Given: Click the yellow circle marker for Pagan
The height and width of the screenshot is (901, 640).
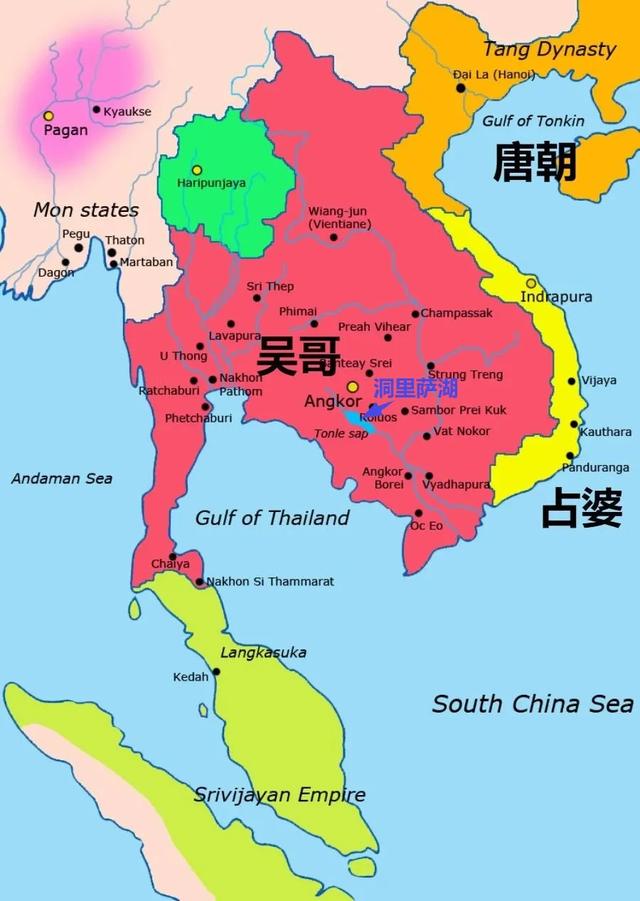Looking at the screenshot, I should tap(48, 116).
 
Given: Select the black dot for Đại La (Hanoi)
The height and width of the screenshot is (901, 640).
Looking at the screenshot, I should tap(461, 88).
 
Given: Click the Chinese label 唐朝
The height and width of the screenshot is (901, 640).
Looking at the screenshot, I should tap(535, 161).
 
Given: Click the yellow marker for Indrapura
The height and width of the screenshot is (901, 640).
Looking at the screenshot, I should tap(531, 283).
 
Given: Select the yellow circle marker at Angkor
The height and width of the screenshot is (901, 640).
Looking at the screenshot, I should tap(352, 386).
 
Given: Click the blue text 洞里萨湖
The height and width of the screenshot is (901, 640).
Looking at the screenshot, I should tap(415, 388).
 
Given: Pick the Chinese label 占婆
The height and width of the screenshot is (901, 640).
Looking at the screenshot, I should tap(582, 508).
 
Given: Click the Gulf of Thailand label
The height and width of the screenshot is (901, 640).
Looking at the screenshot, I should tap(272, 518).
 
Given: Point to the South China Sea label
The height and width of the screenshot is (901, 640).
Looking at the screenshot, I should tap(532, 704).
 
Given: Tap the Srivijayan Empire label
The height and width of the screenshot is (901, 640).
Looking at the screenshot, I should tap(279, 796).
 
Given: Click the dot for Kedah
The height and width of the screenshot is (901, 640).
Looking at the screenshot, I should tap(216, 671).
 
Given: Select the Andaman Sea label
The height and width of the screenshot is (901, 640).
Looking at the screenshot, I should tap(62, 479).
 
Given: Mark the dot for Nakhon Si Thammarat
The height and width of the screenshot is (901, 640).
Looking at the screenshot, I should tap(200, 581).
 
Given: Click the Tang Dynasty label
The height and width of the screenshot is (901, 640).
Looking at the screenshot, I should tap(549, 49).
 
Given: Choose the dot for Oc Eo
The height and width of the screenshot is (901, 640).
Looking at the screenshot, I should tap(418, 513).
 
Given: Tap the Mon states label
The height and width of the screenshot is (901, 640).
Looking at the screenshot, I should tap(86, 210).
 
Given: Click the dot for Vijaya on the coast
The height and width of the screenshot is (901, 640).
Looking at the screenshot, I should tap(572, 381).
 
